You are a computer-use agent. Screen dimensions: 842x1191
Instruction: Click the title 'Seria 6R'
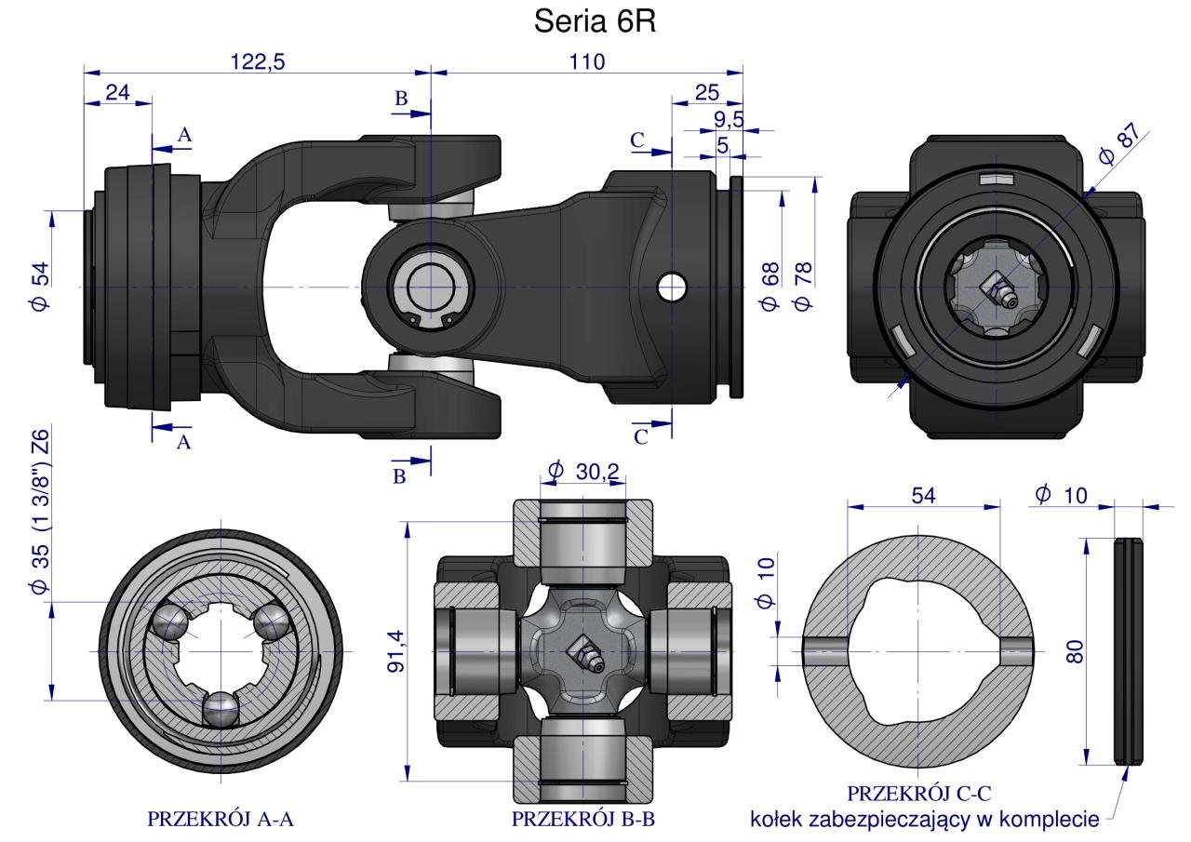tap(595, 22)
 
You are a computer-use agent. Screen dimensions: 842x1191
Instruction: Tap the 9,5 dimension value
tap(729, 119)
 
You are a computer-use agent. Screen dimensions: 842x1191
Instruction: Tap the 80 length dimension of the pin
tap(1075, 649)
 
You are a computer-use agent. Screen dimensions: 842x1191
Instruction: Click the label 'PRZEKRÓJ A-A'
tap(221, 819)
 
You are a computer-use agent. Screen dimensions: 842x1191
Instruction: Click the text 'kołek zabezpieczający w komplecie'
tap(926, 820)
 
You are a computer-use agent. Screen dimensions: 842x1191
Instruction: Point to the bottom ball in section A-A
tap(221, 710)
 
